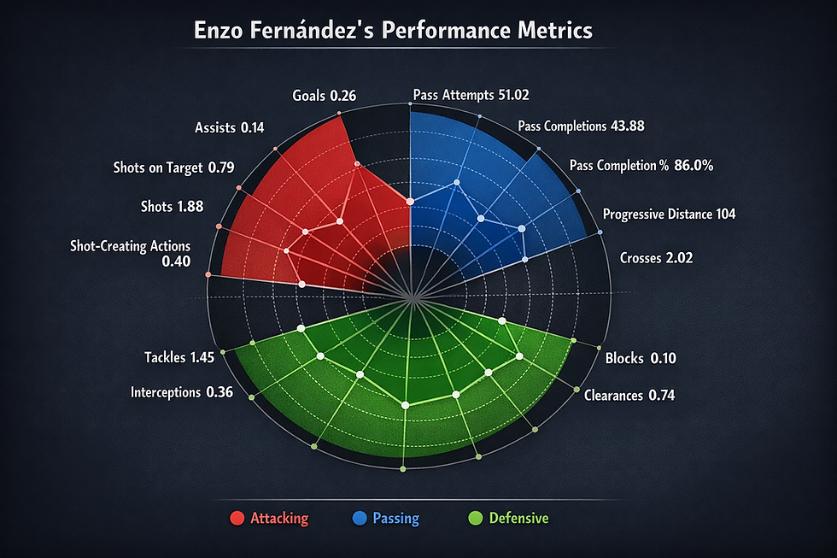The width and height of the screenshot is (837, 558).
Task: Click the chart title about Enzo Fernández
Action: [x=392, y=31]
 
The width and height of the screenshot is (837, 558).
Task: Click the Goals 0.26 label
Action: [x=325, y=96]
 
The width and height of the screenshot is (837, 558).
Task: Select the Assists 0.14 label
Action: [x=229, y=128]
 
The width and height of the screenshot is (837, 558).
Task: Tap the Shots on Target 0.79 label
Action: [x=173, y=167]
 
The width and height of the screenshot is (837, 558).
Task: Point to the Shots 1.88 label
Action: [x=177, y=207]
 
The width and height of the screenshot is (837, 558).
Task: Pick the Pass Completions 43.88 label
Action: [x=581, y=126]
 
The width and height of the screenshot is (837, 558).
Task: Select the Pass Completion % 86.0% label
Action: [x=641, y=166]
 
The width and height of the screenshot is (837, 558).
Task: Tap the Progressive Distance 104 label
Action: [x=669, y=214]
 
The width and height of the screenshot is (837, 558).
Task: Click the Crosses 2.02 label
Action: [x=652, y=257]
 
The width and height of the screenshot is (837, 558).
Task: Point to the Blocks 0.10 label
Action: [x=640, y=358]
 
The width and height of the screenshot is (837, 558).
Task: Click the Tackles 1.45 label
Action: [x=179, y=356]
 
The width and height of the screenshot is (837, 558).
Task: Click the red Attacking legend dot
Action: [x=237, y=518]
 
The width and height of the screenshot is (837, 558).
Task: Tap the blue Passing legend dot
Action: [x=360, y=518]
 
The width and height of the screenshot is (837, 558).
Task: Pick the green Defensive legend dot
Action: [x=476, y=518]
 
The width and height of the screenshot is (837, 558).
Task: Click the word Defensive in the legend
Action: [x=518, y=518]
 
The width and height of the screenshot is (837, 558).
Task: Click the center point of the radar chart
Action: [x=411, y=297]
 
